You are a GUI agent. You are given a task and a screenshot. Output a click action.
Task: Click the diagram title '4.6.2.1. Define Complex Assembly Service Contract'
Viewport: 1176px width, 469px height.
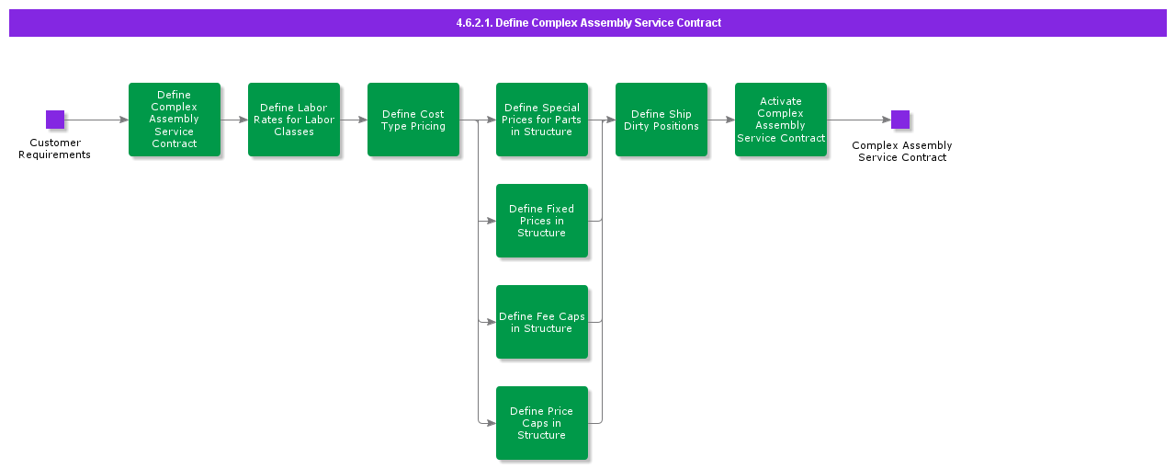588,23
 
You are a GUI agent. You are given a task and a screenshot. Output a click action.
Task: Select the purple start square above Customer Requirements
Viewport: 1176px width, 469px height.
55,120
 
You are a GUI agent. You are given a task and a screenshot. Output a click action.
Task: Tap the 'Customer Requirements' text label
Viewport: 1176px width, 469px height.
55,149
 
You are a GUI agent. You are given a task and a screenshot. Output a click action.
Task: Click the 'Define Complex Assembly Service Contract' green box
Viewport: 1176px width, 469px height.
175,120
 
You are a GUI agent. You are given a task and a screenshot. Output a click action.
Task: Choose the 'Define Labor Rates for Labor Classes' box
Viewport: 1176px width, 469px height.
294,120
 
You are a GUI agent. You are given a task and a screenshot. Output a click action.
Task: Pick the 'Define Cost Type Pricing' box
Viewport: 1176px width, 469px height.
413,120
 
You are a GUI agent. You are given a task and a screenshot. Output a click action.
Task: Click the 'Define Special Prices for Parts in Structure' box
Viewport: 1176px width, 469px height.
542,120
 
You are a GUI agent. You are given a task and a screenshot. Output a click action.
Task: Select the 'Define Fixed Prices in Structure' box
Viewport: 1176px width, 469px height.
542,221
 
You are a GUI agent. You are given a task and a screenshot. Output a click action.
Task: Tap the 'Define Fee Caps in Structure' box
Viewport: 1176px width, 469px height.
542,322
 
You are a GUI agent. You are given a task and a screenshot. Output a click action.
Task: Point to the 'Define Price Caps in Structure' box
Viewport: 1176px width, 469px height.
542,423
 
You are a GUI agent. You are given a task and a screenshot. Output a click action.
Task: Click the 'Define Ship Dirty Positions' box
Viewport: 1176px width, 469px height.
661,120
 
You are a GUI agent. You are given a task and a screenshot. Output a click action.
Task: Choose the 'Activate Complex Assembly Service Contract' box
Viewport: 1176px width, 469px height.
781,120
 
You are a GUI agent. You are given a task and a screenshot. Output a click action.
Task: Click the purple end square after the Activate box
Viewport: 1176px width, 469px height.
900,120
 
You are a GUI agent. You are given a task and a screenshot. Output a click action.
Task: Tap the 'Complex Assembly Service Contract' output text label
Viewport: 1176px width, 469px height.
902,152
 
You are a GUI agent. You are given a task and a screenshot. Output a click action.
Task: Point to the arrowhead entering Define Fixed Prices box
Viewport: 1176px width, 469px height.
492,221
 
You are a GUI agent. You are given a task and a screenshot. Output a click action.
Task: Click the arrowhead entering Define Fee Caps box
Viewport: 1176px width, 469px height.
492,322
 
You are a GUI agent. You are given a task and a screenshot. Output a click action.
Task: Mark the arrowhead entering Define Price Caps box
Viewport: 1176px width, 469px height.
492,423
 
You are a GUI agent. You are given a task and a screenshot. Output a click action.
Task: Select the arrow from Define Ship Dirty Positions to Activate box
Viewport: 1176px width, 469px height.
721,120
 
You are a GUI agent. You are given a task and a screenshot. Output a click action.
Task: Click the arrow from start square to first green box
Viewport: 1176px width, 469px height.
96,120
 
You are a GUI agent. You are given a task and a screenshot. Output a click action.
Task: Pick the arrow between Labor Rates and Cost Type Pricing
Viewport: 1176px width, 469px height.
354,120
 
